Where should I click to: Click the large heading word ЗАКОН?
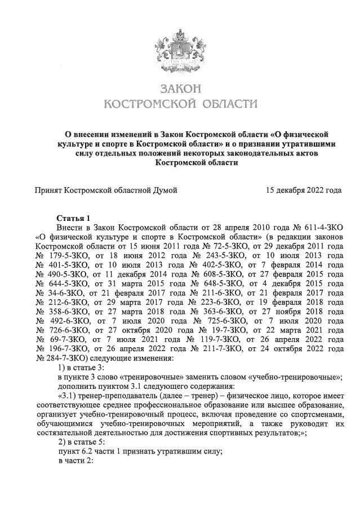tap(180, 90)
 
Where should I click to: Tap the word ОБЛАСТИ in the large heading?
tap(225, 104)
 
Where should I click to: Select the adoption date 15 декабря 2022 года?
tap(304, 190)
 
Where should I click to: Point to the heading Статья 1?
tap(74, 217)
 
